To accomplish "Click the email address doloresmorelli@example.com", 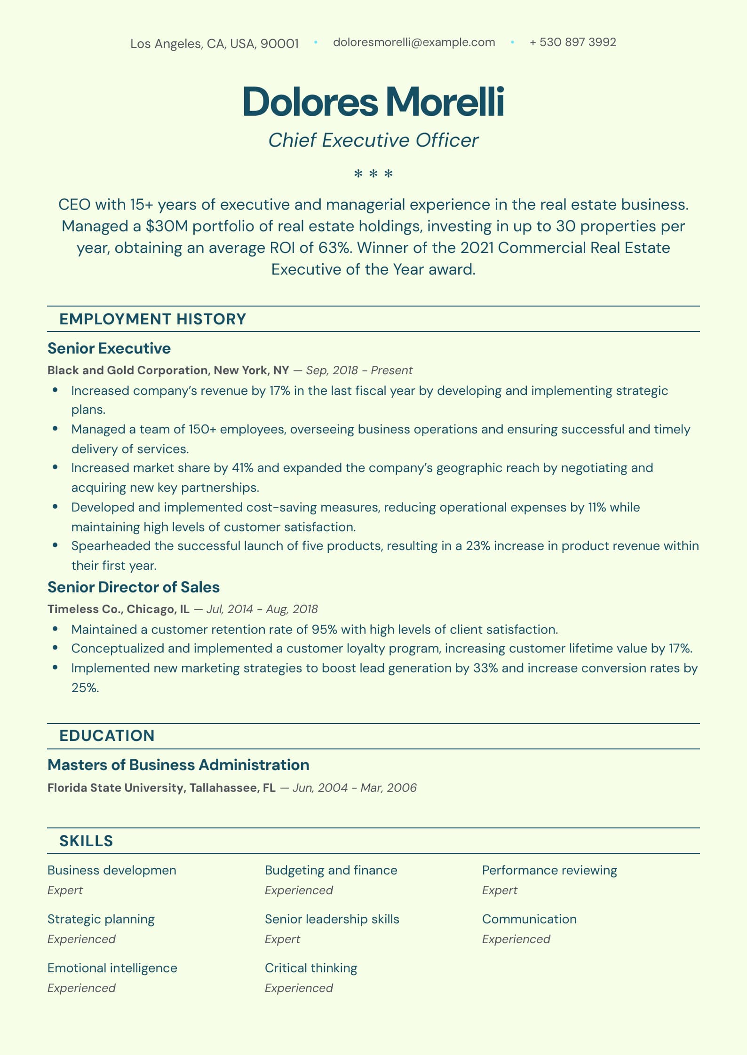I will click(x=414, y=42).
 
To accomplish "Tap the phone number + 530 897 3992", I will click(x=572, y=42).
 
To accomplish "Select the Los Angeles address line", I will click(x=214, y=44).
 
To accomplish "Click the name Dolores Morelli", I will click(x=373, y=102).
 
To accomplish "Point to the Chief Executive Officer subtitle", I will click(x=373, y=140).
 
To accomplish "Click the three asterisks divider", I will click(x=373, y=174).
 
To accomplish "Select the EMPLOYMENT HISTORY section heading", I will click(x=152, y=319).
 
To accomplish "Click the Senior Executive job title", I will click(x=109, y=348).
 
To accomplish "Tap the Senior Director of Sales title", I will click(x=133, y=587).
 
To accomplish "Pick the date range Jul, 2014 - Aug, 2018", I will click(x=262, y=609).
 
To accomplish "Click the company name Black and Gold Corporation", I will click(x=127, y=370).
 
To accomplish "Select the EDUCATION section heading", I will click(x=107, y=736).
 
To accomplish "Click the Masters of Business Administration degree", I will click(x=178, y=765).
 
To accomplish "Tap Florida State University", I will click(x=116, y=787).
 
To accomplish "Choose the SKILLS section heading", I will click(x=86, y=841).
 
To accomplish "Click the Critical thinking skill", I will click(x=311, y=968).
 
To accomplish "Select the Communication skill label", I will click(x=529, y=919).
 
